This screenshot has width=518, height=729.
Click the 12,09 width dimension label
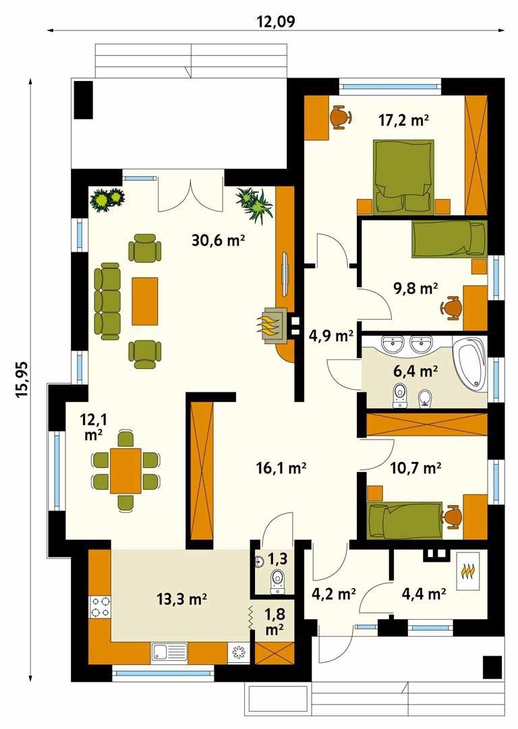click(277, 21)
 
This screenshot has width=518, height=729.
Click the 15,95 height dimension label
click(22, 380)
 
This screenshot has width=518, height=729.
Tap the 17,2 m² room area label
click(403, 121)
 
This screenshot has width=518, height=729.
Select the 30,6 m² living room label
click(218, 240)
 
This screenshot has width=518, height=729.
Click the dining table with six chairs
click(125, 471)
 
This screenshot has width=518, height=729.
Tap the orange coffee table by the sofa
click(144, 301)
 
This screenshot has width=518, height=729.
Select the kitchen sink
click(169, 652)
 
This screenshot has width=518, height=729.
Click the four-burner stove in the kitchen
click(100, 607)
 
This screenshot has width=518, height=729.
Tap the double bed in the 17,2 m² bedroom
click(403, 177)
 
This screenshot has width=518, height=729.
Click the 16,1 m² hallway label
click(281, 467)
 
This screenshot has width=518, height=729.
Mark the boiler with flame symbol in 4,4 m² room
click(467, 571)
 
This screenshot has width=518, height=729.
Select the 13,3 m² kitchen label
click(182, 600)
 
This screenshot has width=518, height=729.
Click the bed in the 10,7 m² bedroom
click(405, 520)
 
